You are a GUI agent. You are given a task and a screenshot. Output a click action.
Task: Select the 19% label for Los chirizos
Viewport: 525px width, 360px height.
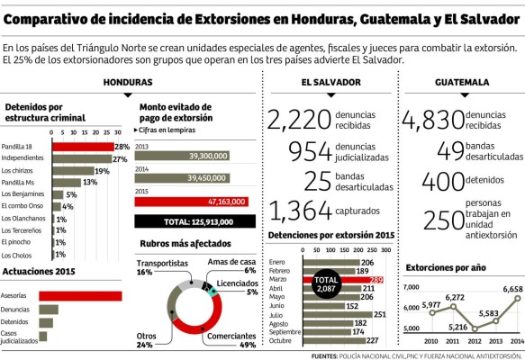pos(102,170)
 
